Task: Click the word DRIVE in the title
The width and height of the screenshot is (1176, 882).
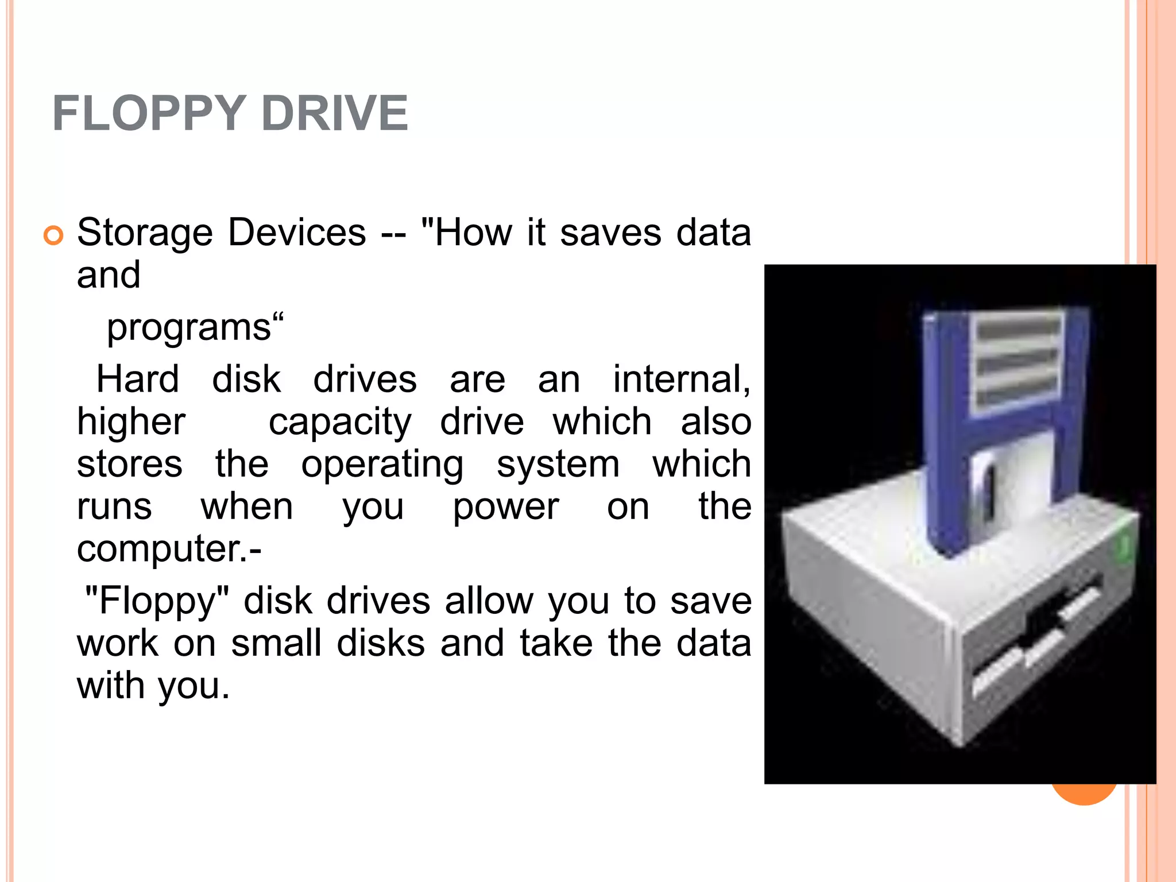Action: (334, 113)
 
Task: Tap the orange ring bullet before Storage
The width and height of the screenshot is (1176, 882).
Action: (53, 235)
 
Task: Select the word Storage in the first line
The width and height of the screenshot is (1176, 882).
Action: (145, 233)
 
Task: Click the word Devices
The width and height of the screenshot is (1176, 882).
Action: (297, 233)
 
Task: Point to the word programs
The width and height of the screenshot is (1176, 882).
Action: (189, 327)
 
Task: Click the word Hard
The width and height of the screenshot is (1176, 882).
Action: (137, 380)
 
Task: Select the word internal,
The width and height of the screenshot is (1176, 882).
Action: (682, 380)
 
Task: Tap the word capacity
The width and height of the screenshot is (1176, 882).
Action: (340, 422)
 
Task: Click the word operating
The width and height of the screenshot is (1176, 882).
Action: (382, 464)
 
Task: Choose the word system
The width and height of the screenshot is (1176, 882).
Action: (558, 464)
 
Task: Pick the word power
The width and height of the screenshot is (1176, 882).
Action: (505, 506)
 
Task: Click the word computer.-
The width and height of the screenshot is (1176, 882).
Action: (169, 548)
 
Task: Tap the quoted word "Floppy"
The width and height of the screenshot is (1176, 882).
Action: (157, 601)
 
